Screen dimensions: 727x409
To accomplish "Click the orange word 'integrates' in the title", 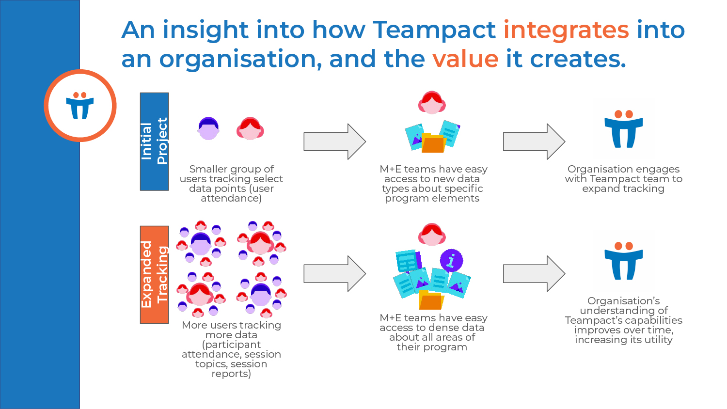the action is pos(566,30).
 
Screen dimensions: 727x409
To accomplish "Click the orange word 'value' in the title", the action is pos(465,59).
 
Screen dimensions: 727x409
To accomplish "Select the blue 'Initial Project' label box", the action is pos(155,142).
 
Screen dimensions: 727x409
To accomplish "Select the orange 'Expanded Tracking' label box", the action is pos(155,275).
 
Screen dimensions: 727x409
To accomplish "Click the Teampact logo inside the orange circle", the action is pos(80,106).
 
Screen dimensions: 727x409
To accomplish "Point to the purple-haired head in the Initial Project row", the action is pos(208,128).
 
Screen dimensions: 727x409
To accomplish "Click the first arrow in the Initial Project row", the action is pos(334,142).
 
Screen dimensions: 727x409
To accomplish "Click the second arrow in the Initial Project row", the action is pos(534,142).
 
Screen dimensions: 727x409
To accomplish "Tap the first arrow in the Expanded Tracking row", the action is pos(334,274).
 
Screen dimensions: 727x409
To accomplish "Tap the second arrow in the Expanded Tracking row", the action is pos(534,274).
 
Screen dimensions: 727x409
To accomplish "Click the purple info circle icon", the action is pos(451,260).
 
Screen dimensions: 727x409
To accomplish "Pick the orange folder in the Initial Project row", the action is pos(433,143).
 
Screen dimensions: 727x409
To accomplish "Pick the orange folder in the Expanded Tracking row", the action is pos(431,300).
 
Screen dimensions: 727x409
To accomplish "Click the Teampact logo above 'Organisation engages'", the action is pos(623,129).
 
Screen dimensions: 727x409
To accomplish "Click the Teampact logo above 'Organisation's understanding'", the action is pos(623,261).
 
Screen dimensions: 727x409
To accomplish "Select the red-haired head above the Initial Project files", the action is pos(432,103).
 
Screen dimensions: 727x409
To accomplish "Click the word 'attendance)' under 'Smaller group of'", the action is pos(231,198).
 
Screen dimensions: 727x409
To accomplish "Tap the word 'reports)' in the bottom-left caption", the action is pos(231,374).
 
